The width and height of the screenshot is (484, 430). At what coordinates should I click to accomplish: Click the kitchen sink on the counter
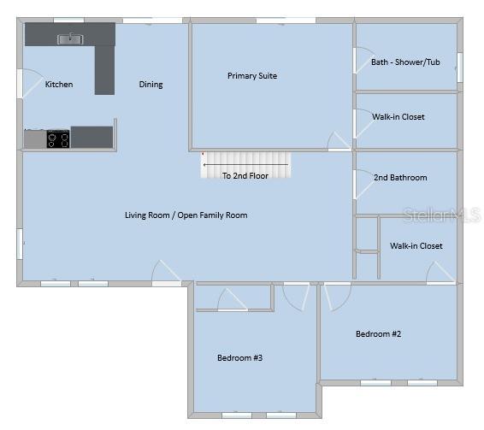point(70,38)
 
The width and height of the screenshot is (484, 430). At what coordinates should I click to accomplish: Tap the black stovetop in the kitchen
point(58,139)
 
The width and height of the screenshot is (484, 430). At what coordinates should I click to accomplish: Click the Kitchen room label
point(59,85)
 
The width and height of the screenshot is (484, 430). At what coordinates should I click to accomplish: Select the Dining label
point(151,85)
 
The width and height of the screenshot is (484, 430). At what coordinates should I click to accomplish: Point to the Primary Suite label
point(252,76)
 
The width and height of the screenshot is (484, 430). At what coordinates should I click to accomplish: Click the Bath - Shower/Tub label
point(405,62)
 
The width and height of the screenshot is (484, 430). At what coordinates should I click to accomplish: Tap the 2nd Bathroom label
point(400,178)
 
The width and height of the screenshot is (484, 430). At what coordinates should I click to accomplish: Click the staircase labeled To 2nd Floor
point(245,165)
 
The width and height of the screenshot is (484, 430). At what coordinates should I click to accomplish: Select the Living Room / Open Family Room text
point(186,215)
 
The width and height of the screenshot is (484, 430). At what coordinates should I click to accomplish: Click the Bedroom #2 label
point(379,334)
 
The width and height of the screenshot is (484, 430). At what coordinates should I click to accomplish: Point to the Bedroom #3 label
point(239,358)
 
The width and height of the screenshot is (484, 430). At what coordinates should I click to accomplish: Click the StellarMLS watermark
point(442,215)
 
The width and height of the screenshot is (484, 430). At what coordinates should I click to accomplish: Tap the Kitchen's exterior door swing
point(31,83)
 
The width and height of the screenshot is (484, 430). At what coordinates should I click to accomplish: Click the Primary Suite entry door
point(339,142)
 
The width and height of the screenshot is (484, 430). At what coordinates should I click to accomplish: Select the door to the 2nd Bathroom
point(364,185)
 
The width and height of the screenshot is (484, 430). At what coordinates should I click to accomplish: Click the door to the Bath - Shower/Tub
point(363,61)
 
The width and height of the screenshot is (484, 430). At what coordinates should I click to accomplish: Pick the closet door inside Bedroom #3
point(233,300)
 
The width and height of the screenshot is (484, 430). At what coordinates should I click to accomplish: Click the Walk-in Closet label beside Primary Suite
point(398,117)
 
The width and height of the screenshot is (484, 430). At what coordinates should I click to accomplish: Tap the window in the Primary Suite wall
point(286,21)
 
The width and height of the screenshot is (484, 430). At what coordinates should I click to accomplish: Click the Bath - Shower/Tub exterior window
point(460,68)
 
